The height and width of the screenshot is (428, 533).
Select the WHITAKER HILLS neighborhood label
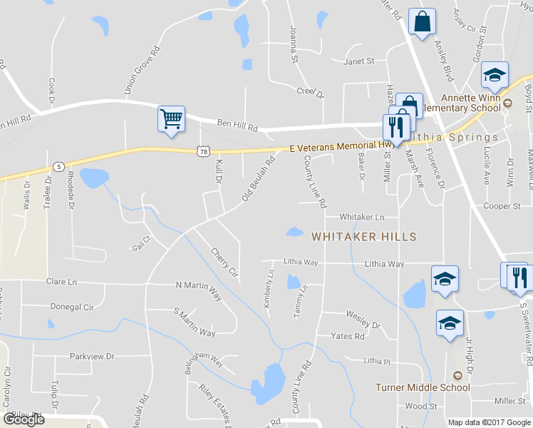363,236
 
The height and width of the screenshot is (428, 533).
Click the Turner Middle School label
423,387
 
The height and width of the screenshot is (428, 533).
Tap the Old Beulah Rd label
259,178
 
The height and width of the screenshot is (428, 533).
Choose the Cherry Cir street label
224,261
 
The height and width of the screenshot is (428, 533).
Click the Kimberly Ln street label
269,288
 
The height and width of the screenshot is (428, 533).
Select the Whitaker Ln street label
362,216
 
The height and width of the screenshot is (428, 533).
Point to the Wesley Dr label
363,318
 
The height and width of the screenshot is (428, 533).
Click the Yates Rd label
348,336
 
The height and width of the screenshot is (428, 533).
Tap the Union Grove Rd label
140,71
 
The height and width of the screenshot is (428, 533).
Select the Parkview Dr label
92,356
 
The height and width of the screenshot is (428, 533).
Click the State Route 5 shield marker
57,167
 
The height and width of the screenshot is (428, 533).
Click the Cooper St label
501,206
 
